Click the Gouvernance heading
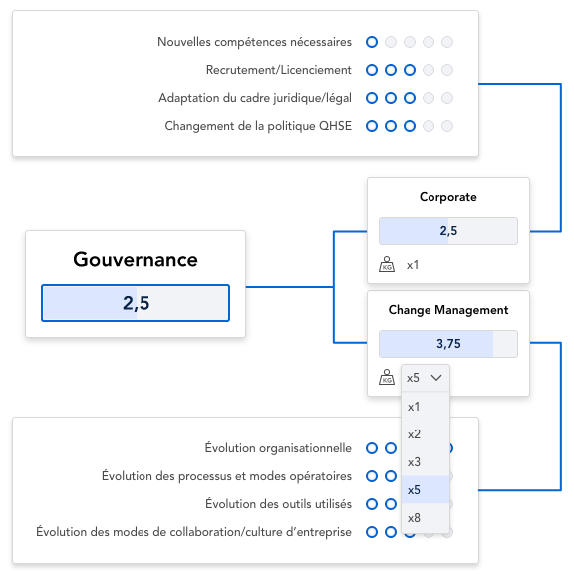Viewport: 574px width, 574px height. coord(136,260)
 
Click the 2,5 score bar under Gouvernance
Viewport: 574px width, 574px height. coord(136,303)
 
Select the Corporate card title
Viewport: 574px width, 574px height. coord(448,197)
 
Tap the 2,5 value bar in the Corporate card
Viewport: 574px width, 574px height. coord(448,231)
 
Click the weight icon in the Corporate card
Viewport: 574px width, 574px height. coord(387,264)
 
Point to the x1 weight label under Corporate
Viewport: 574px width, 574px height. coord(413,265)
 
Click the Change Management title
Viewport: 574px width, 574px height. coord(448,310)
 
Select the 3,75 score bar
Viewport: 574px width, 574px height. coord(448,344)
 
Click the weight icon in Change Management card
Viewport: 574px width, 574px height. coord(387,377)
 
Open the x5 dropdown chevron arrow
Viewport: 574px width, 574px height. coord(436,378)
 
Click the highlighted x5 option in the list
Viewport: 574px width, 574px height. coord(426,490)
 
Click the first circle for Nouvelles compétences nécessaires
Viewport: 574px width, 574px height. coord(372,42)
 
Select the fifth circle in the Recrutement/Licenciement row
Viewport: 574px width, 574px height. coord(447,70)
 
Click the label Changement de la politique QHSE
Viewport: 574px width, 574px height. coord(258,126)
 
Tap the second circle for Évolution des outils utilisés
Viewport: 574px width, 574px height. coord(391,504)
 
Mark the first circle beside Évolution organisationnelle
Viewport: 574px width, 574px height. coord(372,448)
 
